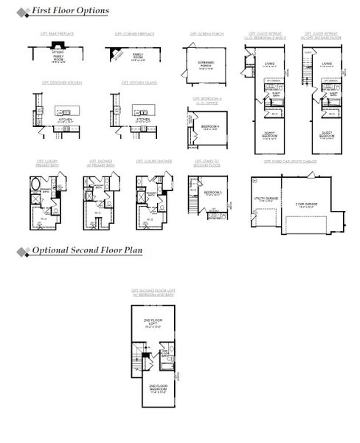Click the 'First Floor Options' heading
pos(70,11)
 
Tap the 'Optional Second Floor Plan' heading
pos(87,251)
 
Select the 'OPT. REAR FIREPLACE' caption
pos(57,34)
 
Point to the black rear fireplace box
pos(57,47)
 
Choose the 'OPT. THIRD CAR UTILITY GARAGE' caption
pos(290,161)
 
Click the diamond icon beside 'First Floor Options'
pos(24,11)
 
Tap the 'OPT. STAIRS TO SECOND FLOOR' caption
pos(207,163)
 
